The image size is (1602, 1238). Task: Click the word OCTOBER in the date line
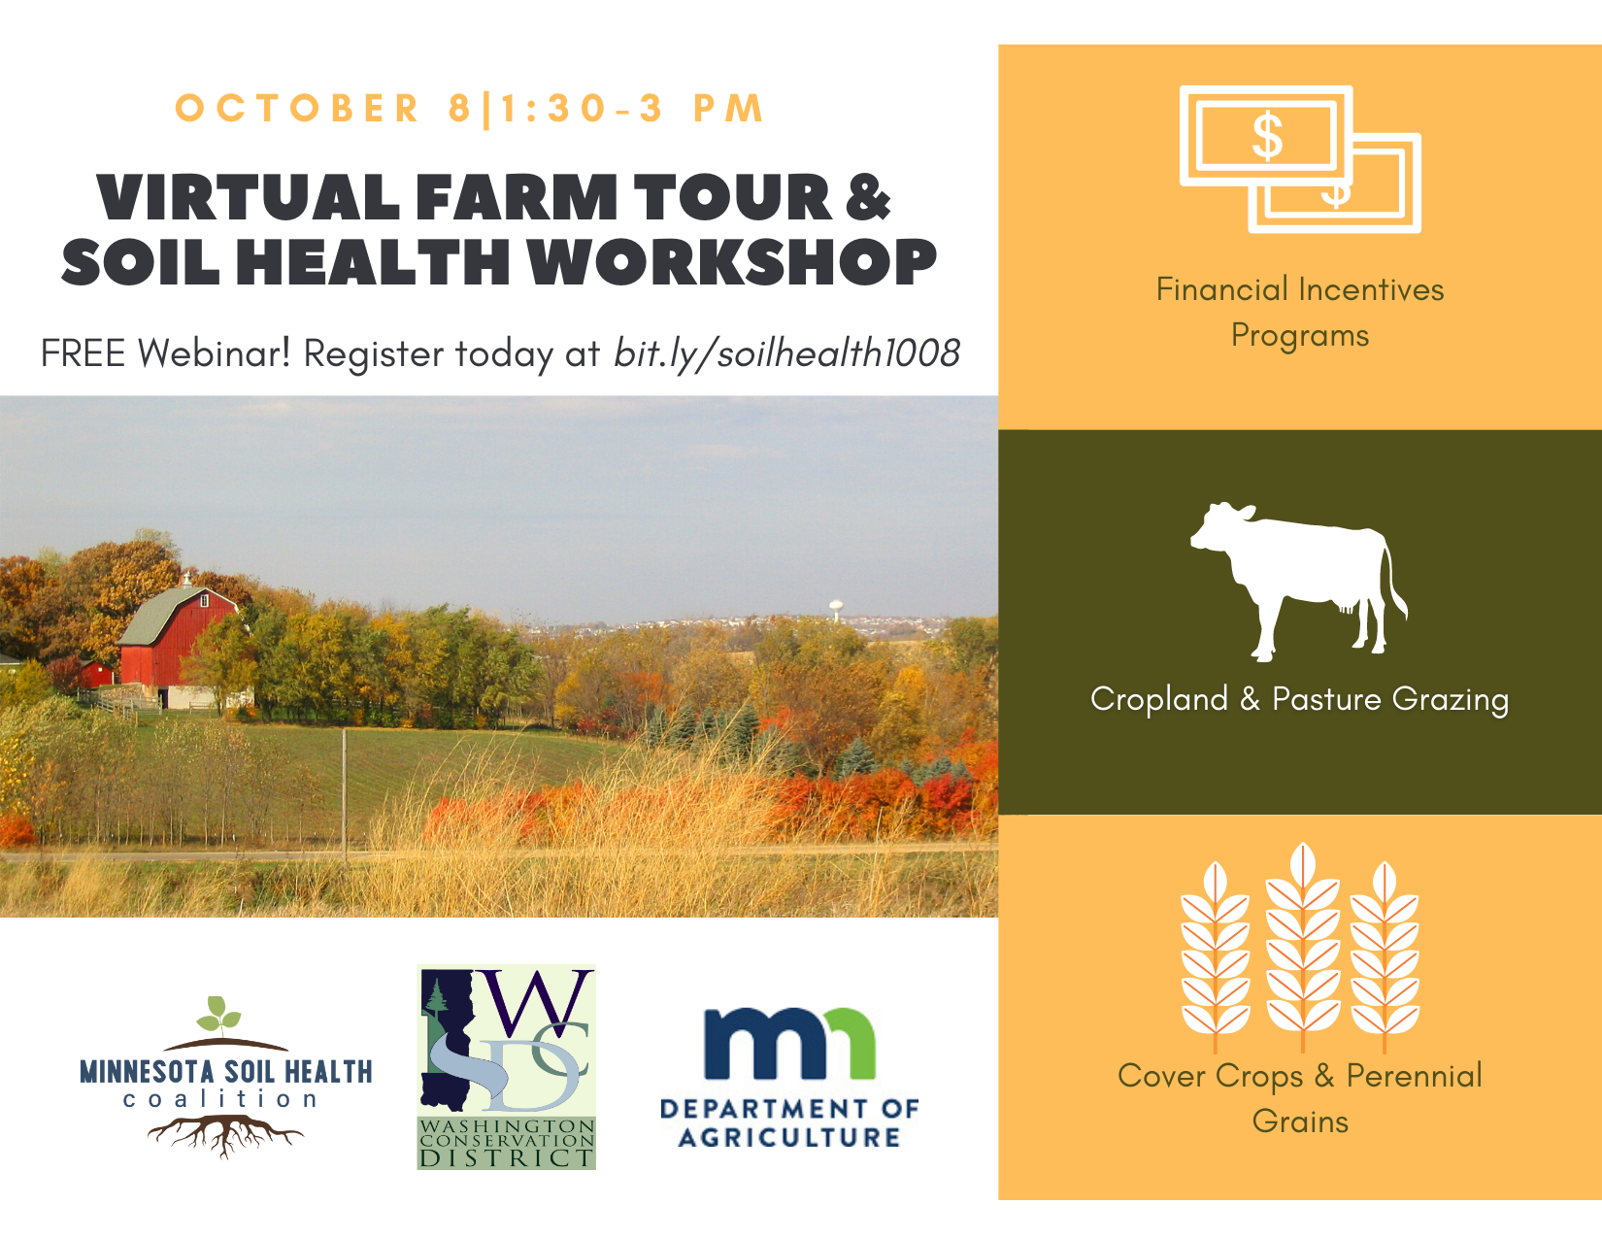point(297,109)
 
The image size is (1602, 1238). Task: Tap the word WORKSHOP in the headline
point(733,262)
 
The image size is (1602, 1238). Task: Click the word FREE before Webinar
point(83,353)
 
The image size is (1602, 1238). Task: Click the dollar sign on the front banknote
point(1267,136)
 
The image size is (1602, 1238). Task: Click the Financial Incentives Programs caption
point(1300,312)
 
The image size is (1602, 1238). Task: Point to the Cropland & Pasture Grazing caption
point(1300,699)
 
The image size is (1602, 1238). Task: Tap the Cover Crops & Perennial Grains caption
point(1300,1098)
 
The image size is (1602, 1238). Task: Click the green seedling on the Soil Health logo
point(218,1016)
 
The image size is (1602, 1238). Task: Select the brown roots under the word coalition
point(225,1135)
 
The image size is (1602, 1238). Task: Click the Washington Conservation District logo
point(507,1067)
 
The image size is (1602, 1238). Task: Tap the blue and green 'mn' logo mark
point(789,1044)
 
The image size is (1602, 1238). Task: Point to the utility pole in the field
point(345,795)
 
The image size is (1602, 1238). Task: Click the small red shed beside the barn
point(96,673)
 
